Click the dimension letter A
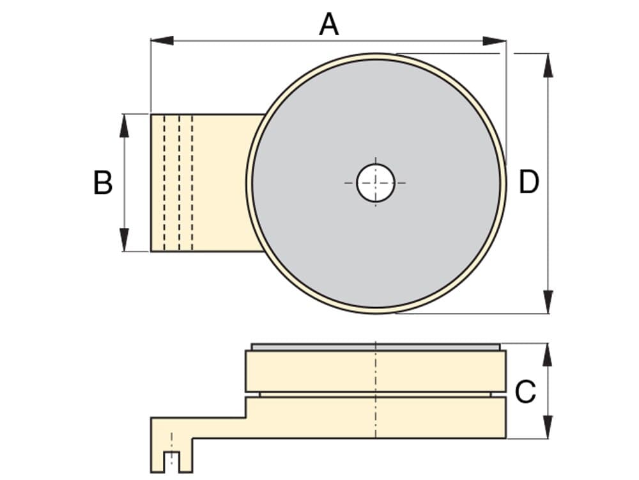(x=329, y=24)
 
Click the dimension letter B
(x=103, y=182)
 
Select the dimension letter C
(x=525, y=392)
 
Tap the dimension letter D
(x=528, y=182)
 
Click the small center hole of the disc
(x=375, y=183)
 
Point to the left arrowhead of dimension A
(x=162, y=40)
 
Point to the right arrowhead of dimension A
(x=495, y=41)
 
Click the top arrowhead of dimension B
(x=125, y=125)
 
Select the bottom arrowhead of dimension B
(x=125, y=239)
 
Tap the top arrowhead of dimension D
(x=548, y=65)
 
